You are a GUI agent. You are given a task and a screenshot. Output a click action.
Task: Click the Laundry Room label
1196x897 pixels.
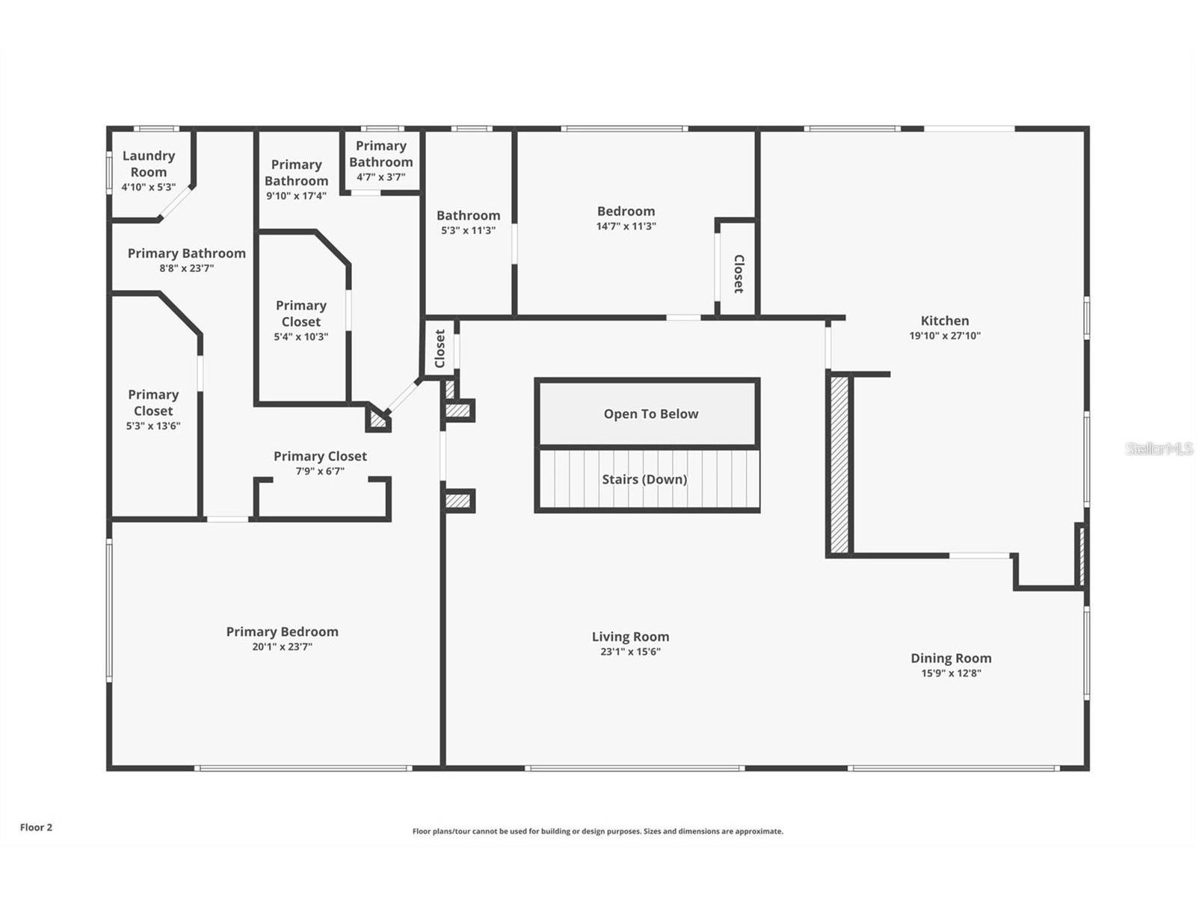click(148, 164)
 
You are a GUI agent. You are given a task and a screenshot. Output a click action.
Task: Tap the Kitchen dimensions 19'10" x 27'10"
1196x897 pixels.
click(945, 336)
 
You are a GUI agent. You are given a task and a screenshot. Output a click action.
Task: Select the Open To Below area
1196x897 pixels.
click(650, 413)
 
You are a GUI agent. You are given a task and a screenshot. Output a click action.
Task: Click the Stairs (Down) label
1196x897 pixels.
click(644, 479)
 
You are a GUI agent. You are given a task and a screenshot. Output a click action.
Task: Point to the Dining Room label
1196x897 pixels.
click(951, 658)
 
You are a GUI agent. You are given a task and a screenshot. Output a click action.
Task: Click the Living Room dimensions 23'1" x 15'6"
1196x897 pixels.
click(630, 651)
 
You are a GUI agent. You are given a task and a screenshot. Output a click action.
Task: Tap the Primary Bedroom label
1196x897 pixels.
click(282, 632)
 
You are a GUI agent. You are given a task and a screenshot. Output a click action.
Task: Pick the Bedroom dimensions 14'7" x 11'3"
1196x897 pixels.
click(626, 226)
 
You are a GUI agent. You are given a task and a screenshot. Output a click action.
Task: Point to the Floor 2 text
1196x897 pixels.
click(36, 827)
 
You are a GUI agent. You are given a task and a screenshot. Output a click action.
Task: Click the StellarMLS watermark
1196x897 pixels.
click(1159, 449)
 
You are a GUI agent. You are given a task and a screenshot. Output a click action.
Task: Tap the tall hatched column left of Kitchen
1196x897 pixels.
click(839, 464)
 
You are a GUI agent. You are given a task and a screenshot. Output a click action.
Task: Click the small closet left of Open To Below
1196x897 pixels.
click(440, 348)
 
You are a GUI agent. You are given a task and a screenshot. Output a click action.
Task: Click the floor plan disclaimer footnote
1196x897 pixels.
click(598, 831)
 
